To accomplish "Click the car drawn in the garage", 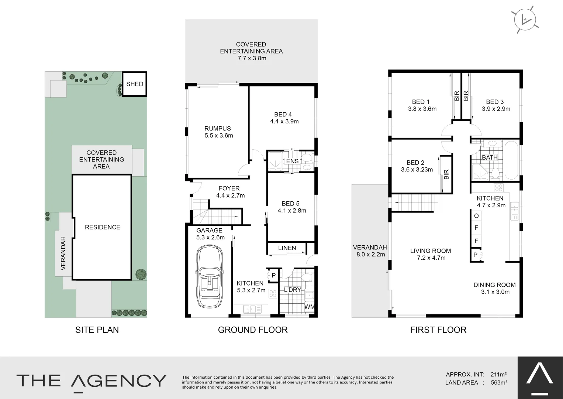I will click(209, 277).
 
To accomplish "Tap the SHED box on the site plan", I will click(135, 84).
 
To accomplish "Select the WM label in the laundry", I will click(309, 307).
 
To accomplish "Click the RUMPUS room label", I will click(218, 129).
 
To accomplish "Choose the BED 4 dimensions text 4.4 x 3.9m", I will click(284, 121).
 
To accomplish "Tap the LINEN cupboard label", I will click(287, 248).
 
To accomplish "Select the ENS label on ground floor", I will click(292, 161).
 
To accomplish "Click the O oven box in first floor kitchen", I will click(476, 216).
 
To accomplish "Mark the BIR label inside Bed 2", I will click(446, 174).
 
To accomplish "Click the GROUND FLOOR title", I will click(253, 330).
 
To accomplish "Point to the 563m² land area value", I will click(499, 383).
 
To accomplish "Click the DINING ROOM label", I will click(494, 285).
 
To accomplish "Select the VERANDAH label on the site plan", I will click(63, 253).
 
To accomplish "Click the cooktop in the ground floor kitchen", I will click(273, 294).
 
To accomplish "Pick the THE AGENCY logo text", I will click(91, 381).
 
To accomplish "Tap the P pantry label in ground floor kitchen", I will click(273, 275).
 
